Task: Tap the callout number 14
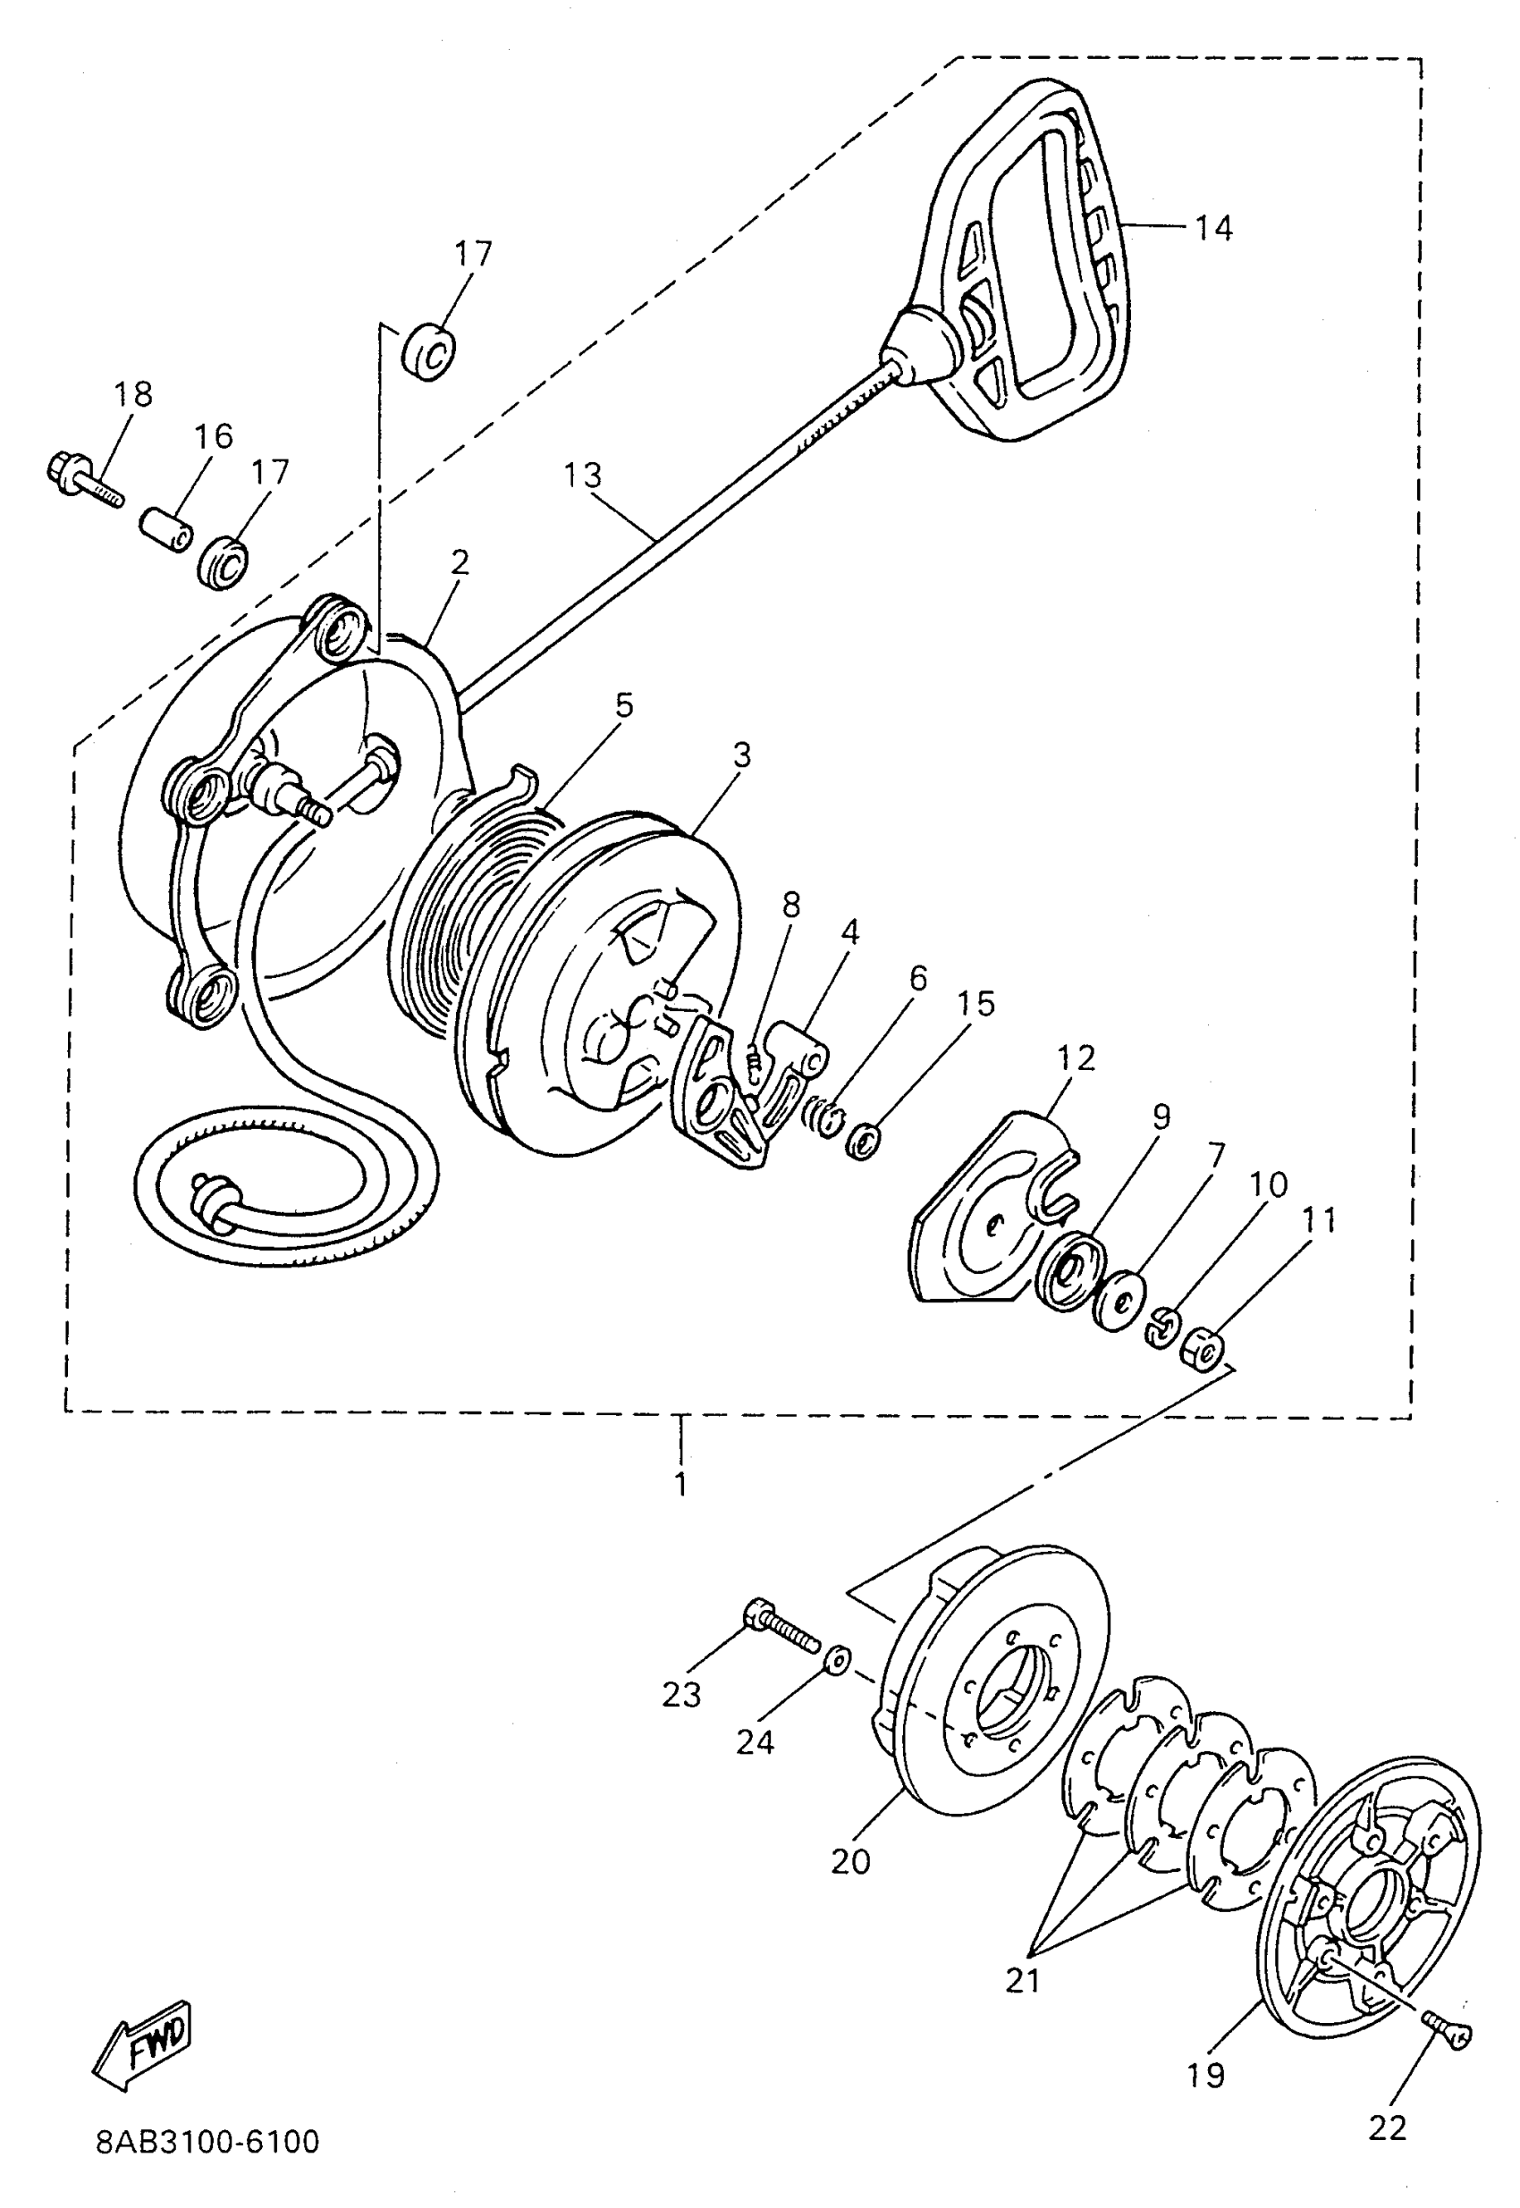[1213, 229]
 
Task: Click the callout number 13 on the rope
[582, 475]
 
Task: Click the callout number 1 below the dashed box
[680, 1483]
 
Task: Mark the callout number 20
[850, 1860]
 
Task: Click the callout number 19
[1205, 2074]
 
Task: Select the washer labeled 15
[862, 1141]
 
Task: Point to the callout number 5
[623, 705]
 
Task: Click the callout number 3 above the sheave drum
[742, 755]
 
